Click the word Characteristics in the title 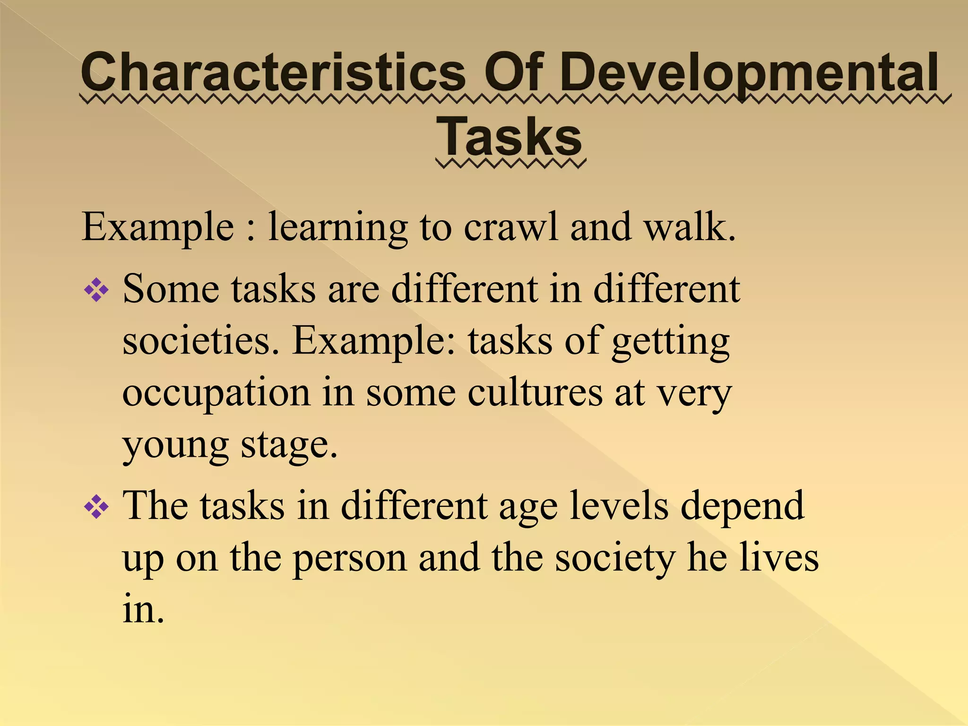273,73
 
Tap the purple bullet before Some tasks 96,289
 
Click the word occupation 216,394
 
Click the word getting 671,342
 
